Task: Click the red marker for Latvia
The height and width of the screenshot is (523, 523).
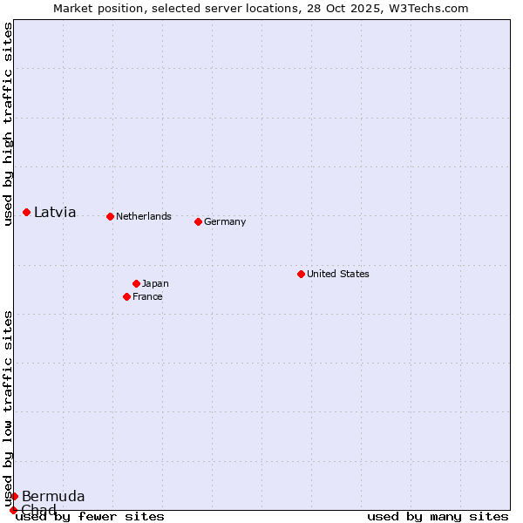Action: (x=27, y=212)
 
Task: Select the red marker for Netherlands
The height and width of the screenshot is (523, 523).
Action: (x=110, y=216)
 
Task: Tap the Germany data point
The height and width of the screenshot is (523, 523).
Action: (x=198, y=221)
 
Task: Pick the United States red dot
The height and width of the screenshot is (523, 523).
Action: (x=301, y=274)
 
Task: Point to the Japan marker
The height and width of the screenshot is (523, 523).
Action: (x=136, y=283)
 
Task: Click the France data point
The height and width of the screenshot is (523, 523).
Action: (x=126, y=296)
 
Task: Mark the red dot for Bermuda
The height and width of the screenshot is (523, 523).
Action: (x=14, y=496)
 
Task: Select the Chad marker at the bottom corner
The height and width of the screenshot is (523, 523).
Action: (x=13, y=510)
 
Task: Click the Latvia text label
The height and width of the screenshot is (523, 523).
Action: (x=55, y=212)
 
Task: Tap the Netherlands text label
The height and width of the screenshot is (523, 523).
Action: (x=144, y=216)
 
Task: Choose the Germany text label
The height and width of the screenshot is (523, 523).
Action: (x=225, y=221)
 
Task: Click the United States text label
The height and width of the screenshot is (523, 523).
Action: (x=338, y=274)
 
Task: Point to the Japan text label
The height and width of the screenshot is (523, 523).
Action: (x=155, y=283)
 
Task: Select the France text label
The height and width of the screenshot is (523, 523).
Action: (x=147, y=296)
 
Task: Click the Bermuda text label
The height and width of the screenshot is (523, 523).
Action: (x=53, y=496)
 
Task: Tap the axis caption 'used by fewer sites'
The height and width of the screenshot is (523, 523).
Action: (x=90, y=516)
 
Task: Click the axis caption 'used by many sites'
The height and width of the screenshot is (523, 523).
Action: (x=438, y=516)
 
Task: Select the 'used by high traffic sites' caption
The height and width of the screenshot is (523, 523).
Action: (x=9, y=124)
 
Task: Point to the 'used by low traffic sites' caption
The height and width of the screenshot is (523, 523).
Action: (x=9, y=408)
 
